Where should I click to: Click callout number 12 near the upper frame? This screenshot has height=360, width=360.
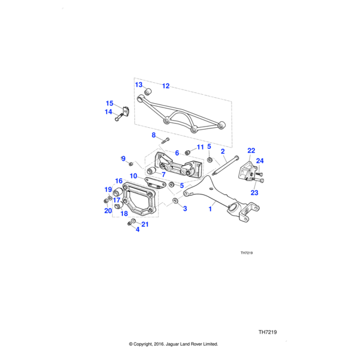[x=166, y=86]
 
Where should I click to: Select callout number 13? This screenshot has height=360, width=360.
[x=138, y=85]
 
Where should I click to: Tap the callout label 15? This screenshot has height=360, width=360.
[x=110, y=103]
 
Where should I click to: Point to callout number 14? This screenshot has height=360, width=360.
[x=109, y=112]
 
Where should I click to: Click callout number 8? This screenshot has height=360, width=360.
[x=154, y=135]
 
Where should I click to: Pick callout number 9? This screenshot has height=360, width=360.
[x=123, y=158]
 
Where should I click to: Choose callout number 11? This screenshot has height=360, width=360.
[x=200, y=147]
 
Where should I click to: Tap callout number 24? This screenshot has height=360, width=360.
[x=260, y=160]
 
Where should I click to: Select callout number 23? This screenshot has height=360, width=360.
[x=254, y=193]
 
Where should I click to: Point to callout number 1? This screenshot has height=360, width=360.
[x=211, y=209]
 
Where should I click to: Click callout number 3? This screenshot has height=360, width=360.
[x=185, y=209]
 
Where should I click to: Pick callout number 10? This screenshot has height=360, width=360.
[x=133, y=176]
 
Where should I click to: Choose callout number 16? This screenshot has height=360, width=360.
[x=119, y=181]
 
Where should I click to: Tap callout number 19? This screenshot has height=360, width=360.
[x=109, y=190]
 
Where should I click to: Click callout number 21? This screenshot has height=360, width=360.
[x=145, y=224]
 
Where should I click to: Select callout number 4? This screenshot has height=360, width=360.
[x=137, y=229]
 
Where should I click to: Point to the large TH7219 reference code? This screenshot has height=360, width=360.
[x=267, y=332]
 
